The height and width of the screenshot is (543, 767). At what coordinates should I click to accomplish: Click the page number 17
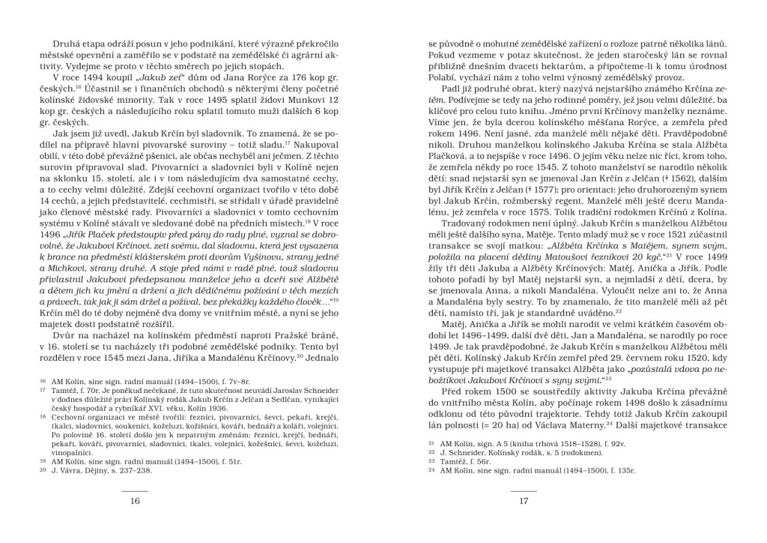click(524, 502)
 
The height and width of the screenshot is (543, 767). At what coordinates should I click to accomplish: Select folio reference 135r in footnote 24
click(624, 472)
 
